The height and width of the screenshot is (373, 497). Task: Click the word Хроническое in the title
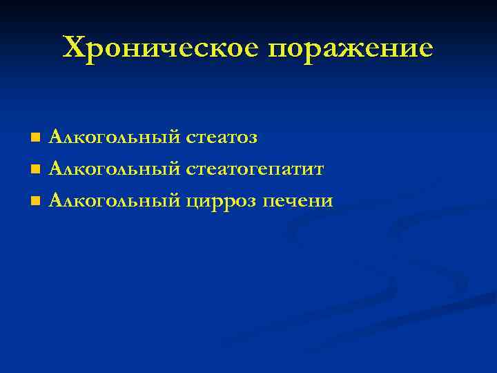[x=160, y=48]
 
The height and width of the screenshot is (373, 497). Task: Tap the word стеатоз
[x=222, y=137]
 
